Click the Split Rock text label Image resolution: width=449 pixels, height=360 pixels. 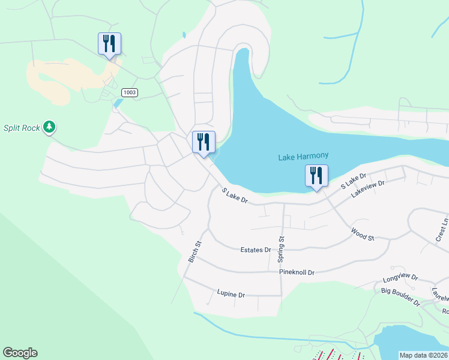pos(21,128)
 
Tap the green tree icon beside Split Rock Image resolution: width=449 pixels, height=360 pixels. pos(50,127)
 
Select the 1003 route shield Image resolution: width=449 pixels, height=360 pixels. pos(129,92)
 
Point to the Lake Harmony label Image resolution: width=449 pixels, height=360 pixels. pos(303,157)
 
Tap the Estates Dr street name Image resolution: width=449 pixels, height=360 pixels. pos(255,250)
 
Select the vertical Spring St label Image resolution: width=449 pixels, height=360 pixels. pos(280,250)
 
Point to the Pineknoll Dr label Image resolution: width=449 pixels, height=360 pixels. pos(297,272)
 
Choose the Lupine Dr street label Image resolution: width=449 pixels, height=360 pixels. pos(231,295)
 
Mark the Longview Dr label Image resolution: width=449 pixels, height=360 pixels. pos(400,280)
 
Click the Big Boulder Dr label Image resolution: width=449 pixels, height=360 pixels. pos(400,296)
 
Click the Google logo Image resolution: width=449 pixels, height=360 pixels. pos(20,353)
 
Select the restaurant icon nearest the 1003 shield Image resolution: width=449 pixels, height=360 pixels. pos(109,43)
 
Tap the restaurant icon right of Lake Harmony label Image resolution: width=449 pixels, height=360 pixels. pos(316,176)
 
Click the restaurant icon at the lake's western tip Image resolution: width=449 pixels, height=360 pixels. pos(203,142)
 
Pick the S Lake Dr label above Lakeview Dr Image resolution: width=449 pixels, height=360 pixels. pos(353,182)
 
